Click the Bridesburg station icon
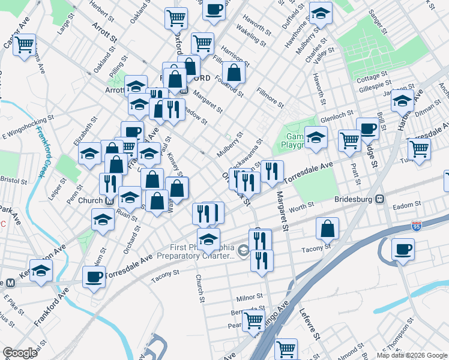(379, 199)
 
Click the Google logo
(20, 353)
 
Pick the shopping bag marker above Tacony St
(328, 228)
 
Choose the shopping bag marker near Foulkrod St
(234, 73)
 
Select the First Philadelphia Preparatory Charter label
(195, 251)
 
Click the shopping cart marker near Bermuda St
(253, 320)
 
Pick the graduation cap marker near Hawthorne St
(321, 14)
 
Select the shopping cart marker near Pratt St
(349, 140)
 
